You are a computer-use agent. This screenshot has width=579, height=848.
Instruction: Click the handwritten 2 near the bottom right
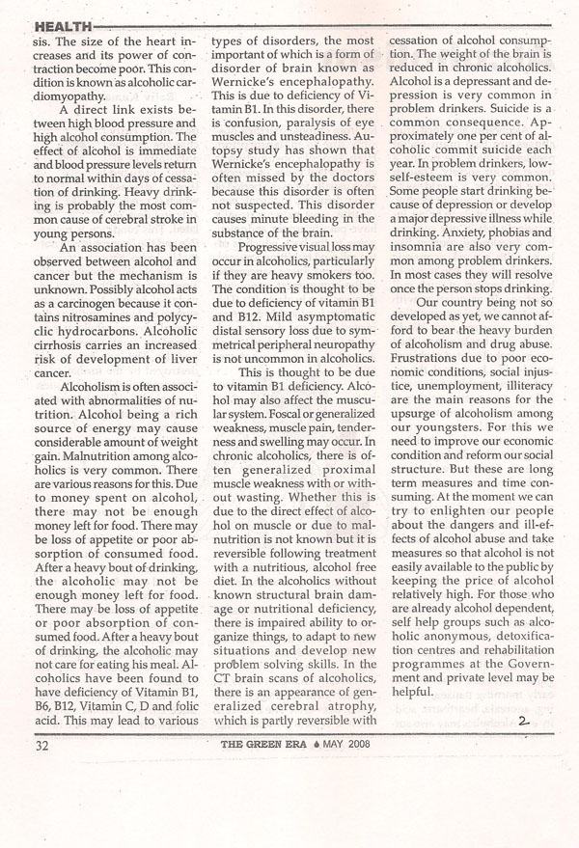coord(524,721)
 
